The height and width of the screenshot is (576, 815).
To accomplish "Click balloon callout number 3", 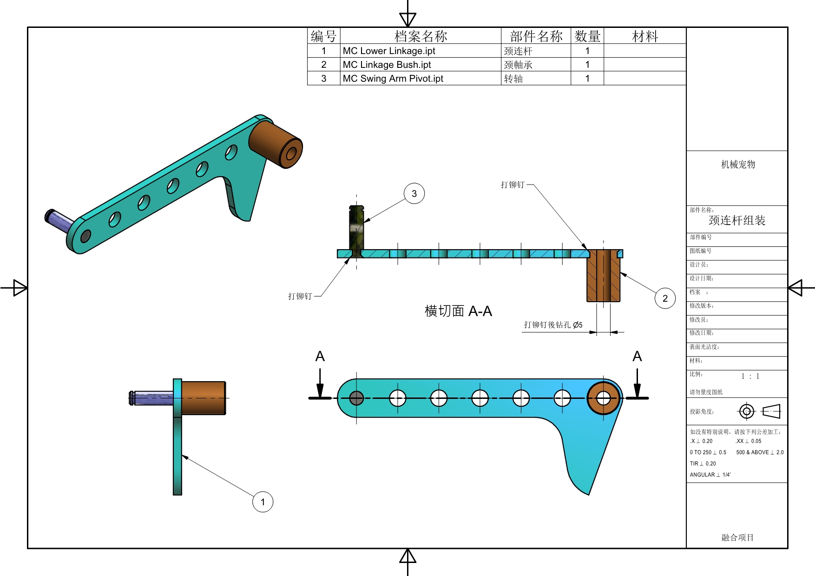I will (414, 193).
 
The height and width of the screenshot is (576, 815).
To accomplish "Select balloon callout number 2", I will (665, 298).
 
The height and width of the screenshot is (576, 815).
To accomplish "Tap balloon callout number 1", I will (263, 502).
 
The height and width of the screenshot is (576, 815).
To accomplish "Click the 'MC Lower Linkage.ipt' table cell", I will (389, 51).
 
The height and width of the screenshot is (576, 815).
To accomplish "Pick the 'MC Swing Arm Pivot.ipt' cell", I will (393, 79).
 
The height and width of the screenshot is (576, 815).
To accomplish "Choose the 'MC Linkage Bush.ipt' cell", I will (387, 65).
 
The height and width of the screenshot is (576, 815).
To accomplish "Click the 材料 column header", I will (645, 36).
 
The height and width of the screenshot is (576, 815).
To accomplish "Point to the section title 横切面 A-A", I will (458, 311).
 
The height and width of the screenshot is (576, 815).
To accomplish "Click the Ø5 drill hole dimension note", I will (553, 325).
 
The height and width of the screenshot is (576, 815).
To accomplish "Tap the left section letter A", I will (320, 357).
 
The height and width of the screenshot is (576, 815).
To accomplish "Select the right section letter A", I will (637, 357).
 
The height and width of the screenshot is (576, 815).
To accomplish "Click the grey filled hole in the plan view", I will (356, 398).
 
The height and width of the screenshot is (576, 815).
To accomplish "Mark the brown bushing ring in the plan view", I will (592, 398).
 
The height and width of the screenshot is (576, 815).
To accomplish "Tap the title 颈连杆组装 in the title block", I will (737, 220).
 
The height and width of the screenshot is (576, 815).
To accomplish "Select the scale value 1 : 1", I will (750, 376).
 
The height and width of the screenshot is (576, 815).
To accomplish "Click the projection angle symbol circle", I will (747, 411).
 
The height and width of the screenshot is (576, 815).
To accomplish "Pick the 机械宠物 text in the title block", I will (738, 164).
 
